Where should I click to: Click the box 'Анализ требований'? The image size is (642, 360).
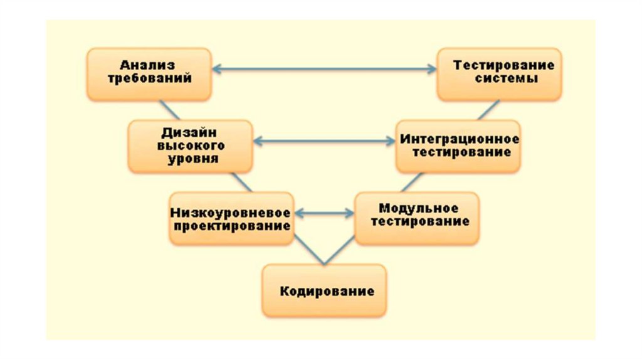point(148,73)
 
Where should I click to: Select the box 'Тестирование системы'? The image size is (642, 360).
point(500,73)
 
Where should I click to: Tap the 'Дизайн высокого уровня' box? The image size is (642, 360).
point(190,146)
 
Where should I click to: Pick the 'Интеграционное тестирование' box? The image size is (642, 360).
point(458,146)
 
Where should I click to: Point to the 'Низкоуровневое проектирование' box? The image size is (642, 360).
point(231,218)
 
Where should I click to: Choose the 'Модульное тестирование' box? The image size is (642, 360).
point(417,217)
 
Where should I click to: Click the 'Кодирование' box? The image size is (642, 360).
point(324,290)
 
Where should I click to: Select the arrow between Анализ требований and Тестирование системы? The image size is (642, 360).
point(324,69)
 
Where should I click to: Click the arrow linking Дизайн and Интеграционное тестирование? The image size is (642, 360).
point(324,142)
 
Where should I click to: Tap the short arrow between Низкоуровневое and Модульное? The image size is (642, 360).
point(324,214)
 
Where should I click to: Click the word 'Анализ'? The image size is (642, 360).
point(147,65)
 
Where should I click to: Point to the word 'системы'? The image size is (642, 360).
point(505,80)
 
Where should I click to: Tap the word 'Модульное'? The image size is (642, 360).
point(418,209)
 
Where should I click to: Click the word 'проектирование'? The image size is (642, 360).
point(232,226)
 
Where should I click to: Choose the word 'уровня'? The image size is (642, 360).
point(192,159)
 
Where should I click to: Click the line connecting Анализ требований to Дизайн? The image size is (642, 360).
point(170,110)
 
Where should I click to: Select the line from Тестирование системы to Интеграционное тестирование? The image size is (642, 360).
point(488,110)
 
